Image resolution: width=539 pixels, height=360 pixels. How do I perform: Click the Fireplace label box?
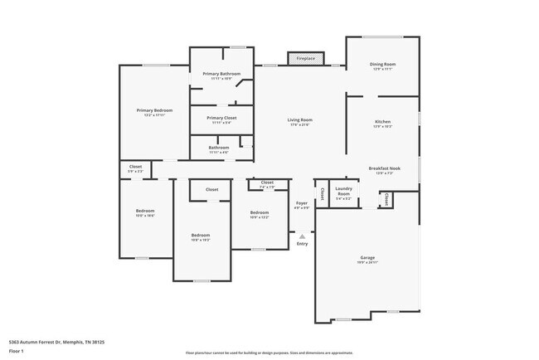tap(303, 58)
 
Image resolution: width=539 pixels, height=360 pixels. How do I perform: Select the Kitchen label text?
tap(382, 122)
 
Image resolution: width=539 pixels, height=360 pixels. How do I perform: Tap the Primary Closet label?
tap(221, 118)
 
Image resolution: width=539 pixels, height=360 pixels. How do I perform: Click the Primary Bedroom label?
tap(154, 110)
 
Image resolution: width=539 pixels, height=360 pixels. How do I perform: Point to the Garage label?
tap(367, 258)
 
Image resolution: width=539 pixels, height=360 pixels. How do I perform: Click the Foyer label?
tap(303, 203)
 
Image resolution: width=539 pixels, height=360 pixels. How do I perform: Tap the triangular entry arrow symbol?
tap(303, 236)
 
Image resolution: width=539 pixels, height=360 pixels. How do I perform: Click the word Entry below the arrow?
tap(303, 243)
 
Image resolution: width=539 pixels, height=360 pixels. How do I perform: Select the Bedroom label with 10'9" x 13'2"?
tap(260, 212)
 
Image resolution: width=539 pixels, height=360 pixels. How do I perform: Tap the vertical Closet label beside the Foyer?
tap(322, 194)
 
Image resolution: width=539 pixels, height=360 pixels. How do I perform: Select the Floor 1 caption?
tap(17, 351)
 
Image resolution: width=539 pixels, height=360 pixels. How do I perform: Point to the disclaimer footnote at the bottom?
tap(269, 352)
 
